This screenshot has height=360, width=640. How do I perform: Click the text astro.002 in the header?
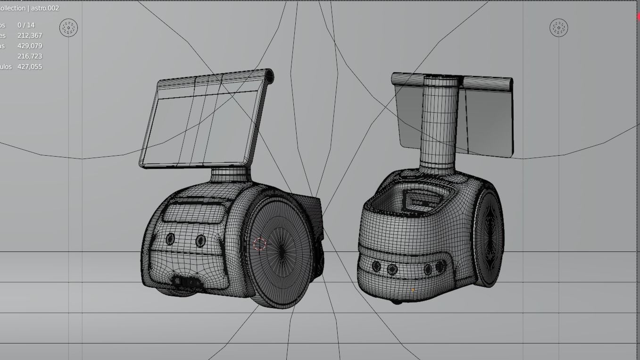tap(45, 8)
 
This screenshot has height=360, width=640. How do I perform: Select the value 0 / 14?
tap(26, 25)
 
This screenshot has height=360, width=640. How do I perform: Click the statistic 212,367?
tap(30, 35)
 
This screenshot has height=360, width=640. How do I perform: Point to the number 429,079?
tap(30, 46)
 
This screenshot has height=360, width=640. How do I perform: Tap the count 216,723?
tap(30, 56)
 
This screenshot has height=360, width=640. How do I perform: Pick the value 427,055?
tap(30, 67)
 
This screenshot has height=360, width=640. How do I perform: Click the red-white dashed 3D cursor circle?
tap(259, 244)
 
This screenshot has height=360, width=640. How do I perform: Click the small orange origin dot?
tap(413, 290)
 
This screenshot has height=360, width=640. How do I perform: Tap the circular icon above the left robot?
tap(68, 28)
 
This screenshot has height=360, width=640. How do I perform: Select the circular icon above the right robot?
tap(559, 28)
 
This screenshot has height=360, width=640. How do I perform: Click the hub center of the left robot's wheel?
tap(282, 251)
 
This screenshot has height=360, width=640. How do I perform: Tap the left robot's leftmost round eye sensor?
tap(170, 239)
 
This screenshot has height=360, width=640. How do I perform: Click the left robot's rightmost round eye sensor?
tap(200, 241)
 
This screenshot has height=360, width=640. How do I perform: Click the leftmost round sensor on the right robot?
tap(376, 267)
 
